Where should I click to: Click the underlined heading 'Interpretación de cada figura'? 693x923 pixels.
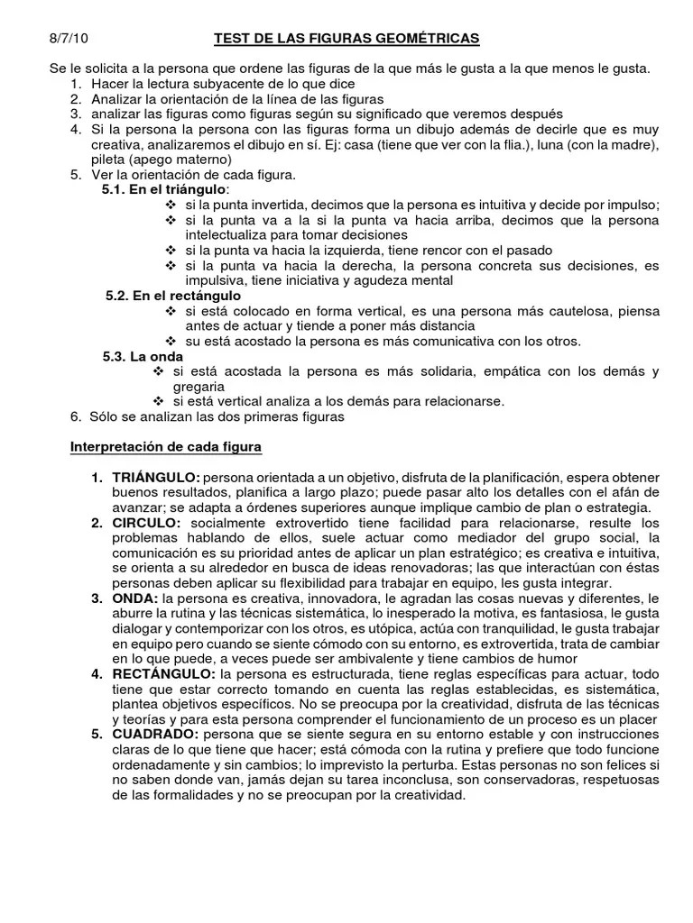(166, 446)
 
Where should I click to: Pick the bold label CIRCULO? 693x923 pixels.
(147, 523)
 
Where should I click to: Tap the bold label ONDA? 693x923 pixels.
(135, 599)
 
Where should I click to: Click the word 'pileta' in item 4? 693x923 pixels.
(106, 159)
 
